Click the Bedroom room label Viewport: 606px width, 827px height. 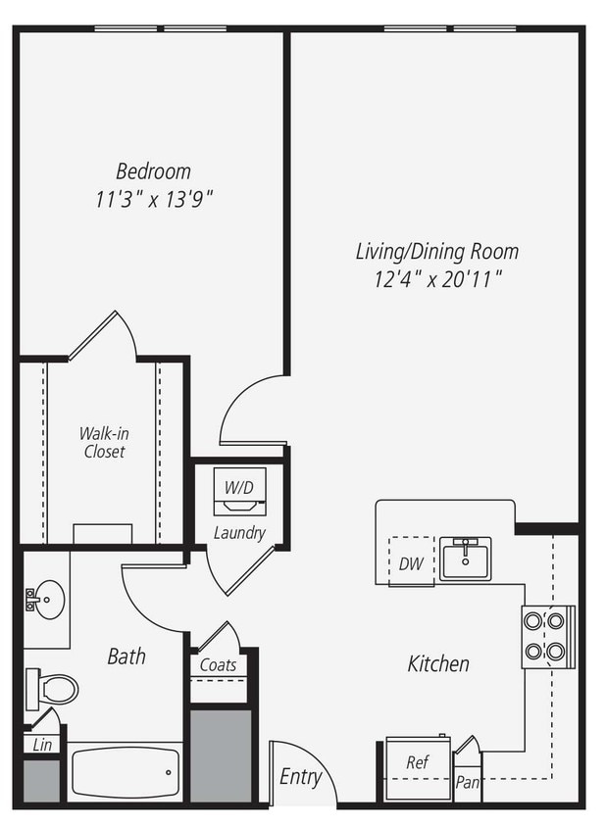153,171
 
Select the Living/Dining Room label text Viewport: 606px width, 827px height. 436,252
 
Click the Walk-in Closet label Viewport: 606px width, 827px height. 103,442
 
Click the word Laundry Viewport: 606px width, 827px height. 239,533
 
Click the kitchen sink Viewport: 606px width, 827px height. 465,559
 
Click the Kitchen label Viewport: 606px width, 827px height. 438,664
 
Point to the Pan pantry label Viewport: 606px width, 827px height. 468,782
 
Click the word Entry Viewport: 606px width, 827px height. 300,777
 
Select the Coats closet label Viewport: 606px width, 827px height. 218,664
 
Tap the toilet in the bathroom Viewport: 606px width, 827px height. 53,689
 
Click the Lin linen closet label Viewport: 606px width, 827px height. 41,744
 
